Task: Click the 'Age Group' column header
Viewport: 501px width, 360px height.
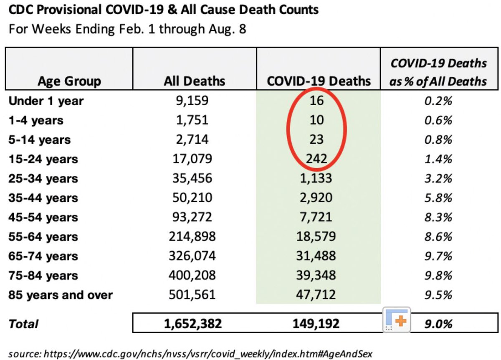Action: click(69, 81)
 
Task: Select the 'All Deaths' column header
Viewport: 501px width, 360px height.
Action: click(194, 81)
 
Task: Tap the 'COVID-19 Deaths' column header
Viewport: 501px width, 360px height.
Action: click(319, 81)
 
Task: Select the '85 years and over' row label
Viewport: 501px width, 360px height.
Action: click(61, 295)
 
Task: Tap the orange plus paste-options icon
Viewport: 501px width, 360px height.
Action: click(396, 320)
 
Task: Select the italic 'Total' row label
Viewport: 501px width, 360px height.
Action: click(23, 324)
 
